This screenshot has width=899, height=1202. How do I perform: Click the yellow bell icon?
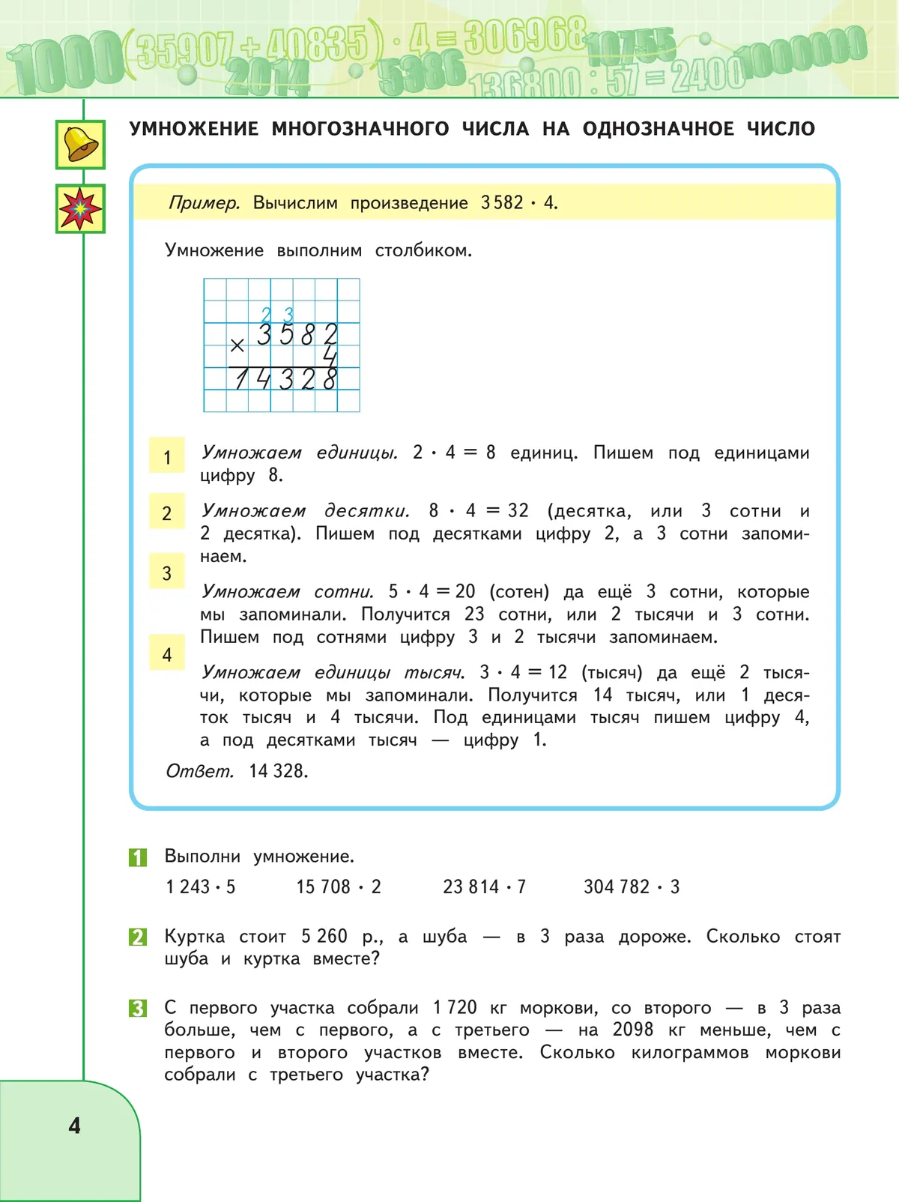(x=80, y=145)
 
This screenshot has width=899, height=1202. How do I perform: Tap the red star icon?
(x=80, y=208)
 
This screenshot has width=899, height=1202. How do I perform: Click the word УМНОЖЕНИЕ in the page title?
(x=194, y=129)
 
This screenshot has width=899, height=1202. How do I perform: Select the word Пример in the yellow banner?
(x=204, y=203)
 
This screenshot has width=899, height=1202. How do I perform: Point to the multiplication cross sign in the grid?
(x=237, y=345)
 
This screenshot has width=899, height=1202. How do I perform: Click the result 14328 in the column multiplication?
(x=285, y=380)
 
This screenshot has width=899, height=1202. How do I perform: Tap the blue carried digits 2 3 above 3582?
(x=277, y=315)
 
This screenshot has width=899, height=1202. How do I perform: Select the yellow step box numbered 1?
(x=167, y=456)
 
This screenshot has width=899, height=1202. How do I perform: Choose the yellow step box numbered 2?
(x=167, y=513)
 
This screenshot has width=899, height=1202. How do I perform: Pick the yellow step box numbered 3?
(x=167, y=573)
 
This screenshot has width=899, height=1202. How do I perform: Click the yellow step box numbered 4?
(x=167, y=653)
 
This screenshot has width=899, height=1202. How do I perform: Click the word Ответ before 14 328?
(x=199, y=771)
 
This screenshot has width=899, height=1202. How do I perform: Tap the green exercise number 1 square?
(x=138, y=857)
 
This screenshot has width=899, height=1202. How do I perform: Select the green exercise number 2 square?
(x=138, y=937)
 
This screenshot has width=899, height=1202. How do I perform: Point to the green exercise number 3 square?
(x=138, y=1008)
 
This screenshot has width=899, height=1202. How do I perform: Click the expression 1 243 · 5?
(x=200, y=887)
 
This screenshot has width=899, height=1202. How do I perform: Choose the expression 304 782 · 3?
(x=631, y=887)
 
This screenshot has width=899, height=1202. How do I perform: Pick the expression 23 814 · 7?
(x=484, y=887)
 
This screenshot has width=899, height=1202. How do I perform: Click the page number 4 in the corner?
(x=74, y=1126)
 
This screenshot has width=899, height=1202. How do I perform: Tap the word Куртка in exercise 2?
(x=194, y=937)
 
